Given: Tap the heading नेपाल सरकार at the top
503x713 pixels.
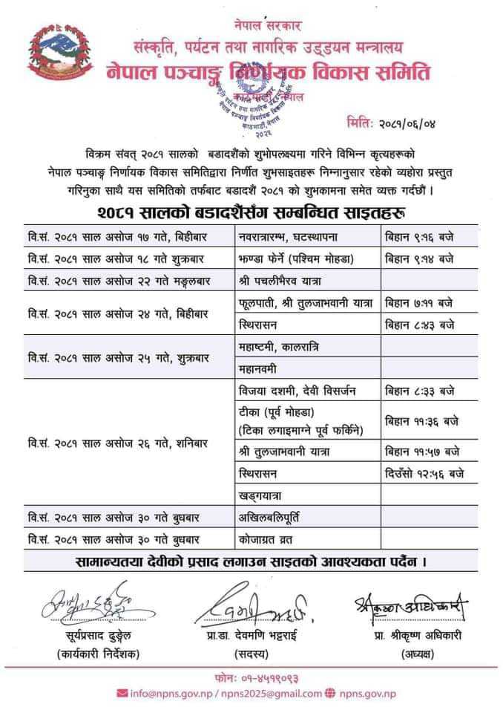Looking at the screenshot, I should (271, 27).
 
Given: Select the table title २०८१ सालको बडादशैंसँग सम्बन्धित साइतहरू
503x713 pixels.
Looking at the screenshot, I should (251, 214).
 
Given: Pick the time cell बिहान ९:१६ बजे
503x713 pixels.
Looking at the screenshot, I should (421, 238).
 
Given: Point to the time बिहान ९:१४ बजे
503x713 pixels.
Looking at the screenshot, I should (421, 259).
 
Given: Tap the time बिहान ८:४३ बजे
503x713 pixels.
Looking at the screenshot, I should (421, 325).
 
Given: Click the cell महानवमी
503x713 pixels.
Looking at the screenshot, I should (260, 368).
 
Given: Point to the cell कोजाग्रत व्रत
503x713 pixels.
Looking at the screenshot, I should (268, 537).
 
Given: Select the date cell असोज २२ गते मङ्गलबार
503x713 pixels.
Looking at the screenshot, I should (115, 281).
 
